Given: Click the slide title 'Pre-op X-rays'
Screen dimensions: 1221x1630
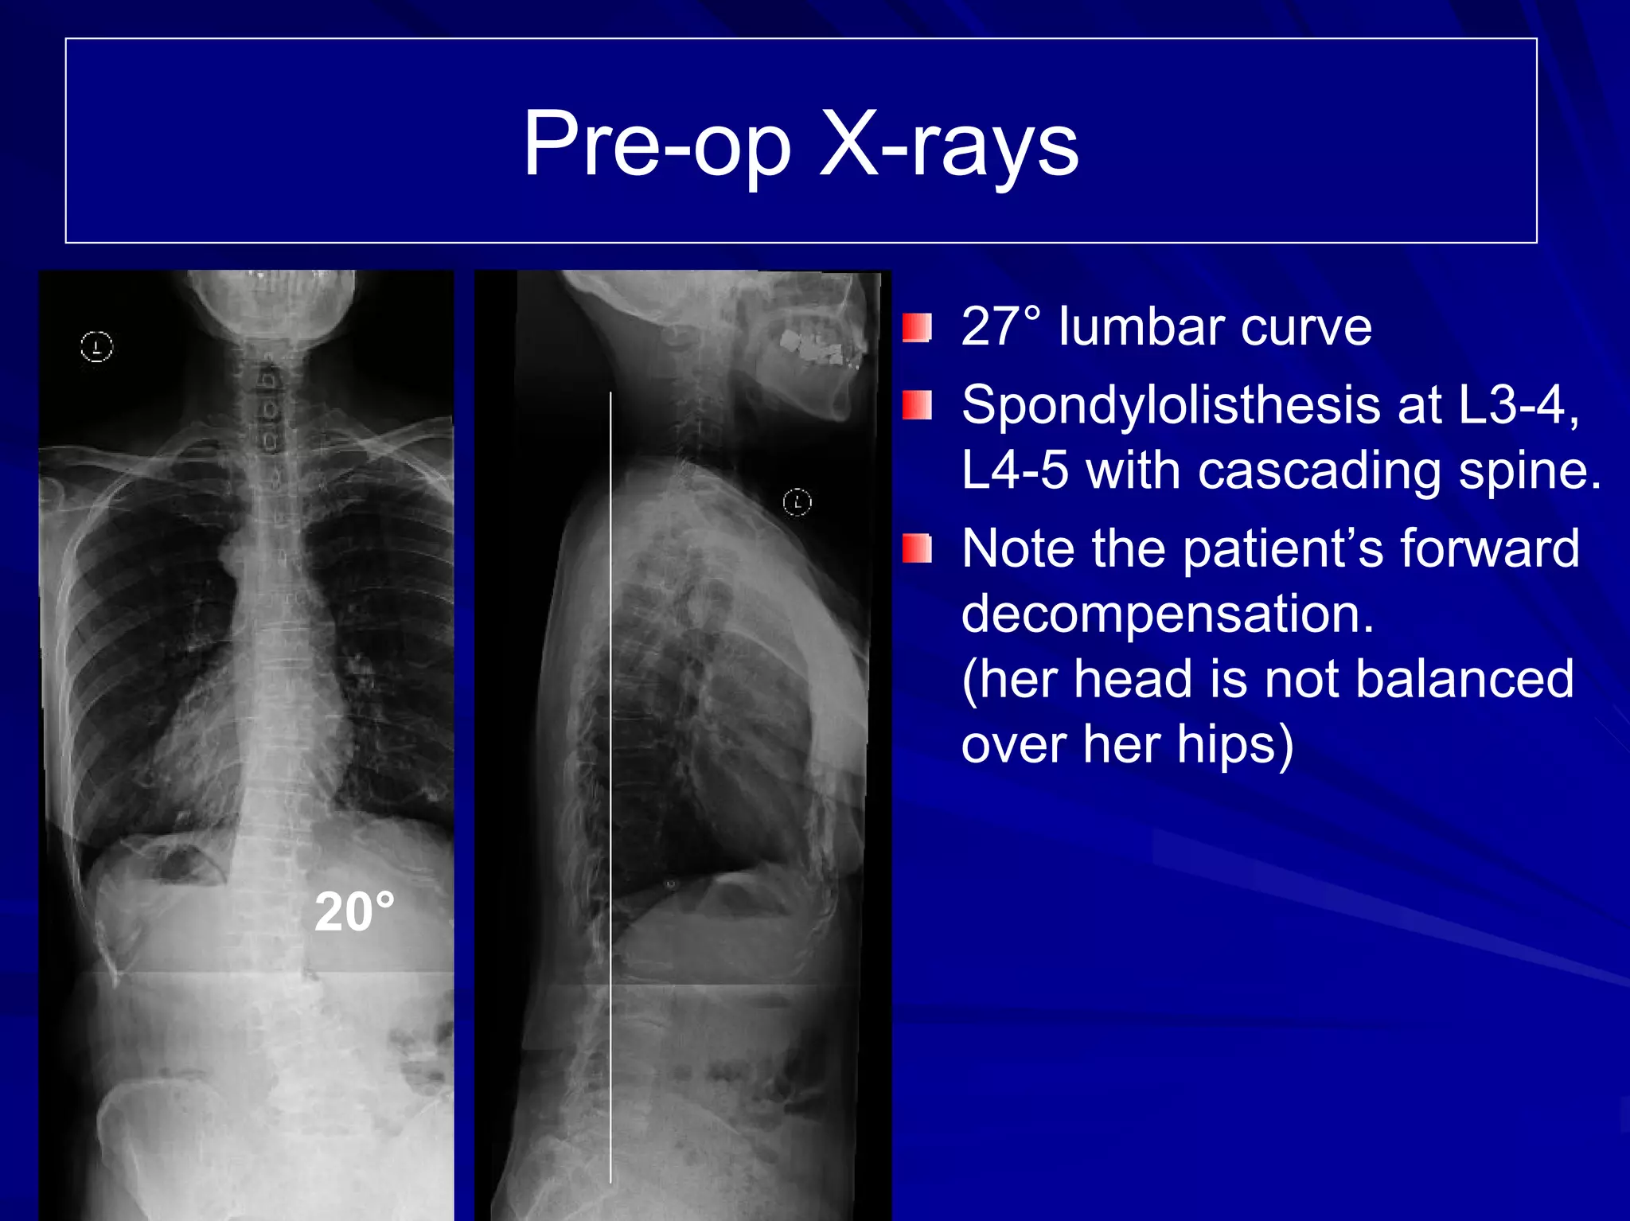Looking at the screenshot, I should coord(800,144).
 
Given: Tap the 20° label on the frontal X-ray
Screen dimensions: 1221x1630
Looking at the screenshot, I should coord(354,911).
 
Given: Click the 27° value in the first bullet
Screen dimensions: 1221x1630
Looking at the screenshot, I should coord(1000,327).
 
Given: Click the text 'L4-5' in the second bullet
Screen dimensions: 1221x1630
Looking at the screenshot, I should coord(1015,470).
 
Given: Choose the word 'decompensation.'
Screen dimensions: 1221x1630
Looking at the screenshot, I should coord(1168,614).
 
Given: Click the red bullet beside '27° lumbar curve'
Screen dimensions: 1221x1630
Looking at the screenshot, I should coord(917,327).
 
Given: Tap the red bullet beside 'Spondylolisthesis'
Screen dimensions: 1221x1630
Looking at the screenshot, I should coord(917,405).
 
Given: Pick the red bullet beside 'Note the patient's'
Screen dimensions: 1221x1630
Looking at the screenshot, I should coord(917,548).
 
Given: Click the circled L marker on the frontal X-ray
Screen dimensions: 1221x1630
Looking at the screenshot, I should coord(97,346).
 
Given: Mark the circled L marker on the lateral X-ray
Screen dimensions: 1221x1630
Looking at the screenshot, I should coord(797,502).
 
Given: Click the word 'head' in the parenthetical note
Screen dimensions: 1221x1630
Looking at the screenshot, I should coord(1132,679).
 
